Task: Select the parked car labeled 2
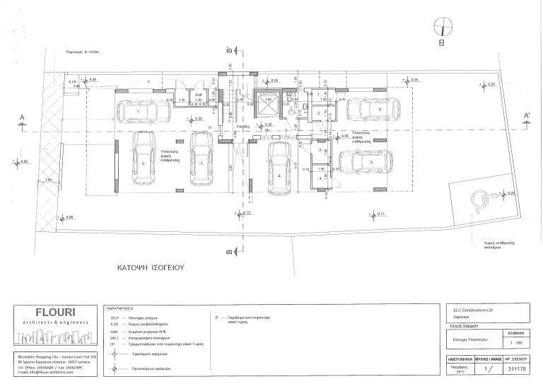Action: (144, 163)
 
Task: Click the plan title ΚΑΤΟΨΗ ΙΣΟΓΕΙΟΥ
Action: (151, 269)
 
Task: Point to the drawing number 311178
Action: (522, 369)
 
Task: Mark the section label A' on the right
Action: (526, 115)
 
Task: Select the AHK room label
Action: (199, 93)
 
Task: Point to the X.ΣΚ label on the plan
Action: (72, 82)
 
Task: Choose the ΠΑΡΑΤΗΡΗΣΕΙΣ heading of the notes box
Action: (121, 309)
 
